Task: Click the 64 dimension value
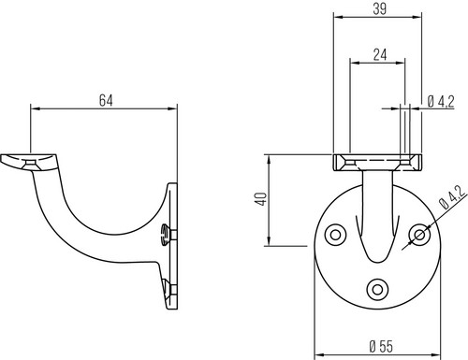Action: pyautogui.click(x=106, y=101)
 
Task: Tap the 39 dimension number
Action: pyautogui.click(x=380, y=9)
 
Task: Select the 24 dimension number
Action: pyautogui.click(x=380, y=55)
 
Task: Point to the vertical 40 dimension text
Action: pyautogui.click(x=261, y=199)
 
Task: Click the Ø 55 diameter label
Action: pyautogui.click(x=381, y=346)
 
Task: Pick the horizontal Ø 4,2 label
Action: pyautogui.click(x=441, y=102)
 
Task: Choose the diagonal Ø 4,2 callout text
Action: pyautogui.click(x=452, y=197)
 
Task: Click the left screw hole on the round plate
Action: pyautogui.click(x=335, y=235)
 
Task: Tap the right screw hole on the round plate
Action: pyautogui.click(x=420, y=235)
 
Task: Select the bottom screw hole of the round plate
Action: pyautogui.click(x=378, y=289)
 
